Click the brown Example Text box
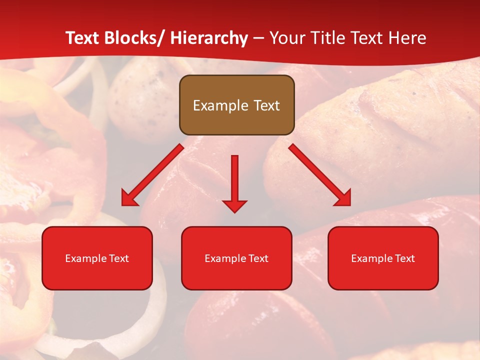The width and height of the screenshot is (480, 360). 236,105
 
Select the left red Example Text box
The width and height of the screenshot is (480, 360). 97,258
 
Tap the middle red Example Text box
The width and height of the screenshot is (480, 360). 236,258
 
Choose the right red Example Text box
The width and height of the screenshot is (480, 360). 383,258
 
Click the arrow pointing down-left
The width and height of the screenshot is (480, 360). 152,175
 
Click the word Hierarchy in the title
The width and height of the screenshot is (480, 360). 208,38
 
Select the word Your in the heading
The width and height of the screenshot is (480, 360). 286,38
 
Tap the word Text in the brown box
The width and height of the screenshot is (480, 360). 266,105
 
